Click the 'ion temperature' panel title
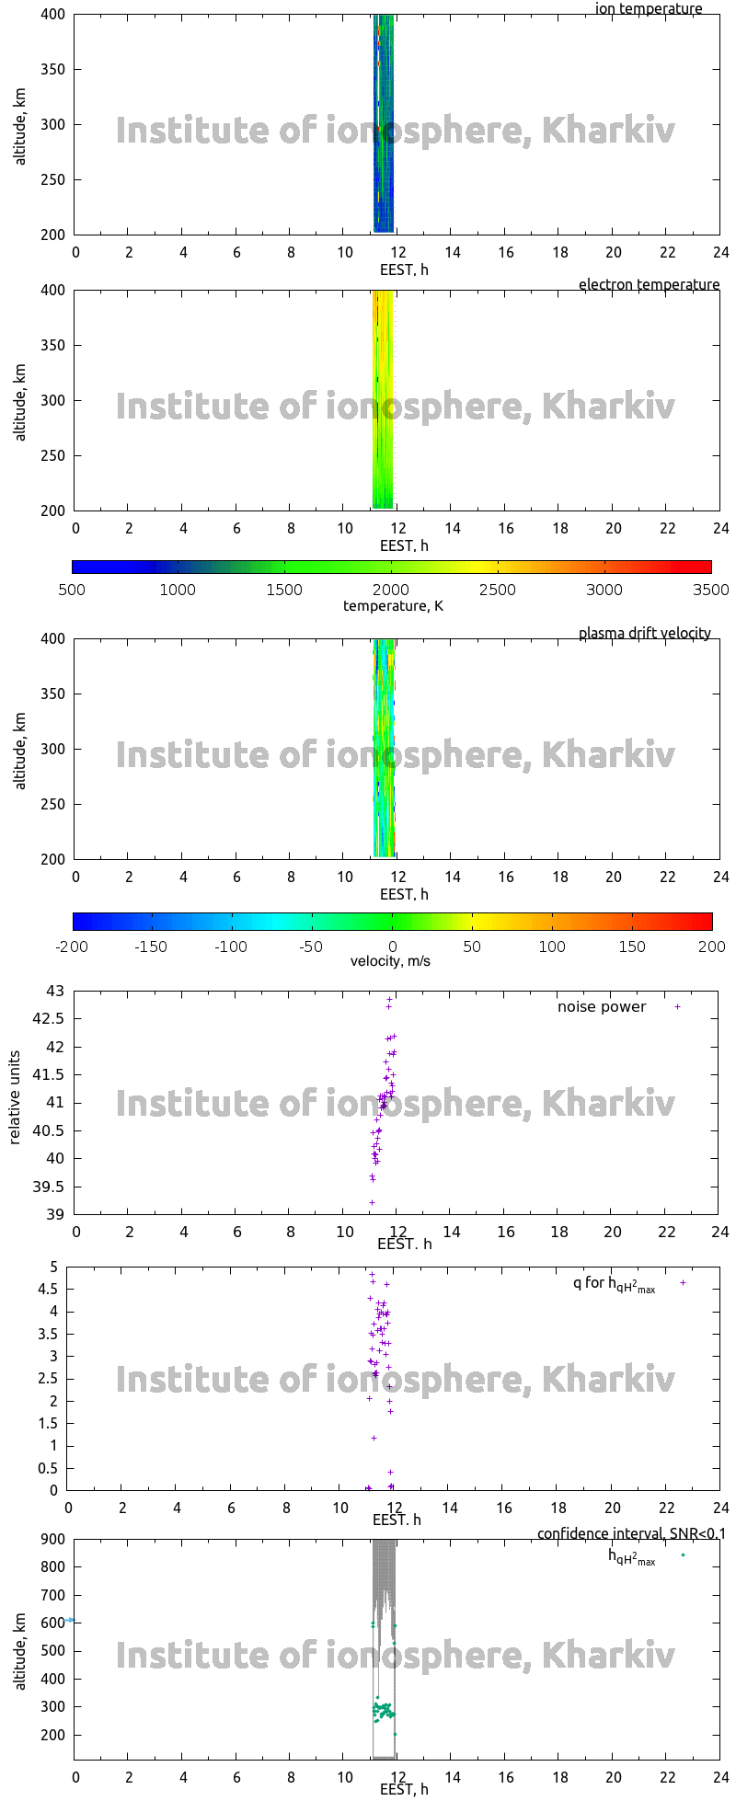click(648, 9)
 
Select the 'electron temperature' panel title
click(649, 285)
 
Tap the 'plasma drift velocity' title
click(644, 634)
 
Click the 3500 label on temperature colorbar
click(710, 590)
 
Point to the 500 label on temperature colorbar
click(72, 590)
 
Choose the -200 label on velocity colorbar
click(72, 946)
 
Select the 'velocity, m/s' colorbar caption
click(390, 962)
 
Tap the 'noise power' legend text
click(602, 1007)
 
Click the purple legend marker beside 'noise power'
click(678, 1007)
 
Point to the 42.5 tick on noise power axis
click(52, 1019)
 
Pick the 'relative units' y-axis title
click(15, 1102)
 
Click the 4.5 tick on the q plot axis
click(48, 1290)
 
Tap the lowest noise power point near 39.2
click(372, 1202)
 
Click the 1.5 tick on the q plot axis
click(48, 1424)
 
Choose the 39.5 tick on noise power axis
click(52, 1187)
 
